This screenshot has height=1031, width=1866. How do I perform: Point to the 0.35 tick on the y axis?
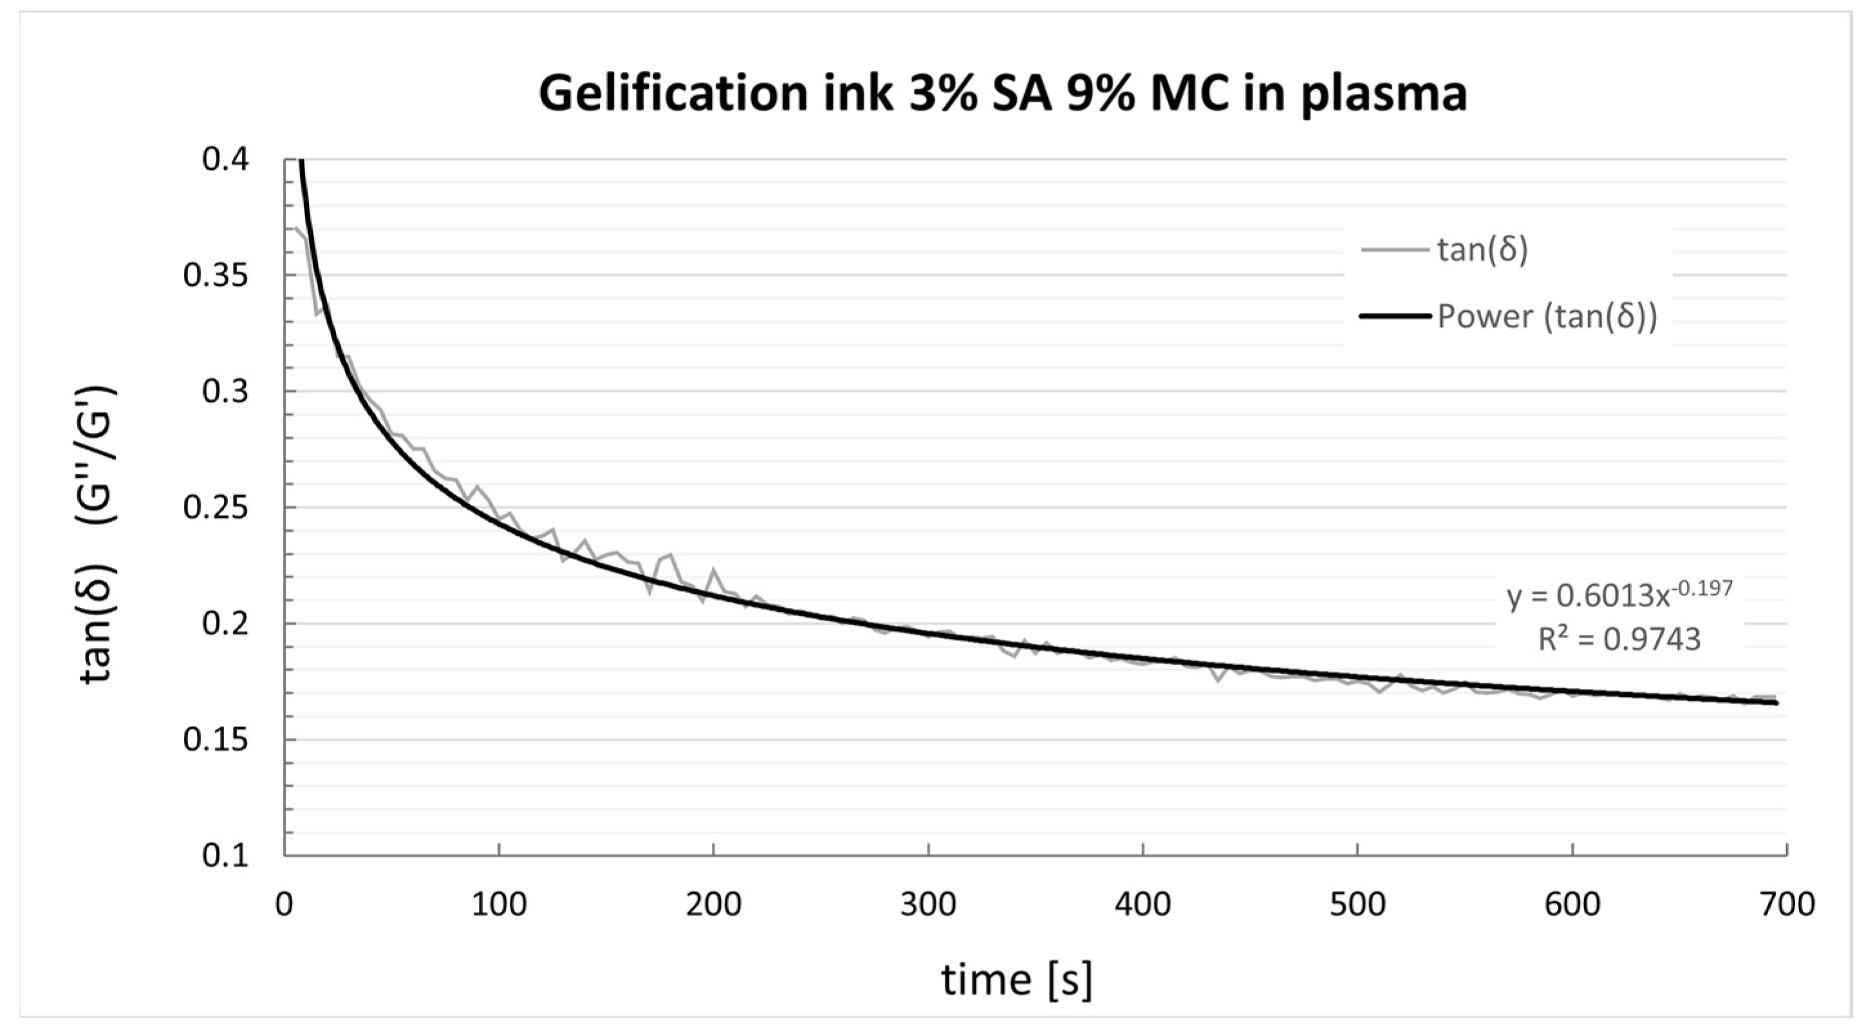coord(216,276)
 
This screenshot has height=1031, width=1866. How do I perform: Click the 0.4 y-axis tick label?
coord(225,160)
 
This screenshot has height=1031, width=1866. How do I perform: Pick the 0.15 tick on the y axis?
coord(216,740)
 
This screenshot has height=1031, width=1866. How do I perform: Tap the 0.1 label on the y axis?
coord(225,856)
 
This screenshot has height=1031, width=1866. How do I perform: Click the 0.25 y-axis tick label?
coord(216,507)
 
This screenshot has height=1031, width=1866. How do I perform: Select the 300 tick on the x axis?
coord(928,905)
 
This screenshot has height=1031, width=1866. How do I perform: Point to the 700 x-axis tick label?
coord(1786,905)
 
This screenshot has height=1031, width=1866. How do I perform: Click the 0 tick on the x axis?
coord(285,905)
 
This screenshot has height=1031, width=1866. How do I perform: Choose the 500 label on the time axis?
coord(1357,905)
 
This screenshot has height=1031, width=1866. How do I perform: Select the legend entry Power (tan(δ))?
coord(1547,317)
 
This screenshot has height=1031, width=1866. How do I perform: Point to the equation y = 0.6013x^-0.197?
coord(1619,595)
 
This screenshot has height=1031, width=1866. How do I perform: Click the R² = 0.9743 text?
coord(1619,639)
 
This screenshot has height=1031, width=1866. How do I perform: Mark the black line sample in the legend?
coord(1394,317)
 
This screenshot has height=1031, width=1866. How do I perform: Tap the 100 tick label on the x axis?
coord(499,905)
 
